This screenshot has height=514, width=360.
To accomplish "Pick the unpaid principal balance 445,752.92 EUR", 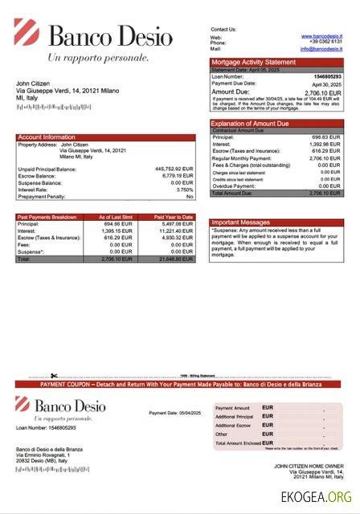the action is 174,169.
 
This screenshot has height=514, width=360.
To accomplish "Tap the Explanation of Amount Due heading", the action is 252,123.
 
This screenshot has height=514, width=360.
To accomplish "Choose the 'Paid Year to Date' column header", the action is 174,217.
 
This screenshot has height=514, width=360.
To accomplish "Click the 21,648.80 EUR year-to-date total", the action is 176,259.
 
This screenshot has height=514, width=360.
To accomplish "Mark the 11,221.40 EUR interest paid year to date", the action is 177,230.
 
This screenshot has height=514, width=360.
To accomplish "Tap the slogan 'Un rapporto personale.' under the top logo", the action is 98,58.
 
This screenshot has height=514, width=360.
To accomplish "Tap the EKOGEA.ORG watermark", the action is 316,496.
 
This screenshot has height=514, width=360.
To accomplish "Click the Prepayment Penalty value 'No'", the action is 190,197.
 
